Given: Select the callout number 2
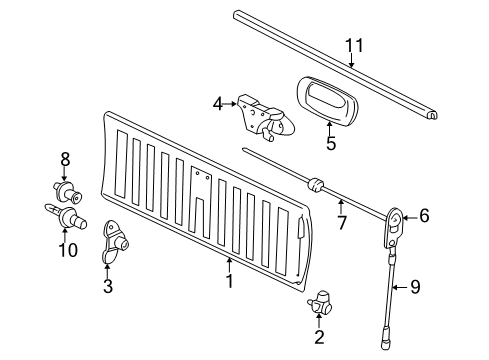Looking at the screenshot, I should click(x=319, y=337).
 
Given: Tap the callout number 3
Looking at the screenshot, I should click(x=108, y=287).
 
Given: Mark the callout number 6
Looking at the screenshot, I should click(x=424, y=214).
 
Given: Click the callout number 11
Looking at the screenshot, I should click(x=350, y=45).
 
